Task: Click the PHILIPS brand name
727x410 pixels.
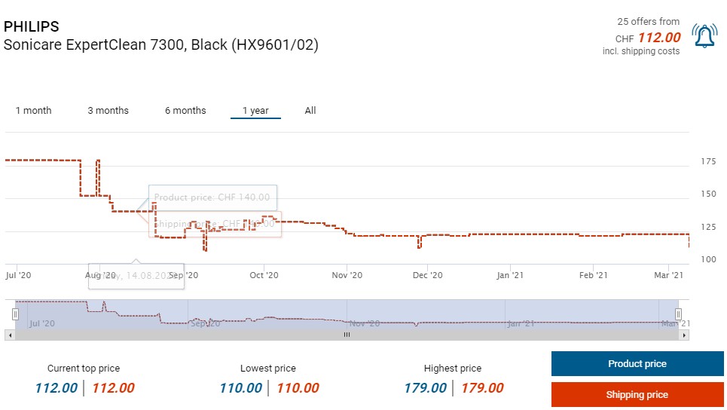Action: pyautogui.click(x=32, y=27)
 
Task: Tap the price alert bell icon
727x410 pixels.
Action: pyautogui.click(x=704, y=36)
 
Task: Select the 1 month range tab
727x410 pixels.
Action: pyautogui.click(x=34, y=111)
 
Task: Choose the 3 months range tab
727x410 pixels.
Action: pyautogui.click(x=108, y=111)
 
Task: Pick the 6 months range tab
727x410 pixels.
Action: pyautogui.click(x=185, y=111)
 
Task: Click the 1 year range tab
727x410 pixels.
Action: pyautogui.click(x=255, y=111)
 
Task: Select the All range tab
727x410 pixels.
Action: pyautogui.click(x=310, y=111)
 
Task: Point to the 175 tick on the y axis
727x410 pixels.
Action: pyautogui.click(x=707, y=161)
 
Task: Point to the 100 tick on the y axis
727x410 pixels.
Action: pyautogui.click(x=707, y=259)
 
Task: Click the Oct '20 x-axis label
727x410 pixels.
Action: pyautogui.click(x=264, y=276)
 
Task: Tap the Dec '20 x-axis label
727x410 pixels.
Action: pyautogui.click(x=428, y=276)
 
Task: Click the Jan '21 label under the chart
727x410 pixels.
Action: pyautogui.click(x=510, y=276)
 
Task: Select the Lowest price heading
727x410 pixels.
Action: pyautogui.click(x=267, y=369)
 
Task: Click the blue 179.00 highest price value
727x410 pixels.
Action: pyautogui.click(x=426, y=388)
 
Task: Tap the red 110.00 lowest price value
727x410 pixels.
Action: pyautogui.click(x=298, y=388)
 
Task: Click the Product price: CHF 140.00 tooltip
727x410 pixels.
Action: pyautogui.click(x=212, y=197)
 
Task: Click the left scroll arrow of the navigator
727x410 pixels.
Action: pyautogui.click(x=9, y=335)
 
